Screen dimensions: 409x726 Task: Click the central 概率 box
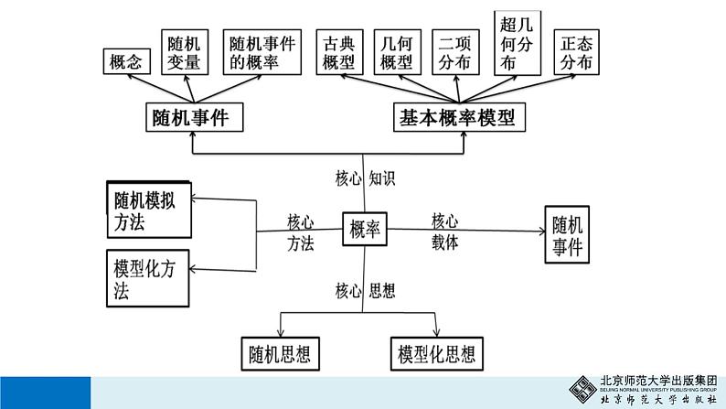(366, 232)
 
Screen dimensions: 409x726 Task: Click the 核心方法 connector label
(301, 232)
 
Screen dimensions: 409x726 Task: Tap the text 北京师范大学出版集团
(658, 382)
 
